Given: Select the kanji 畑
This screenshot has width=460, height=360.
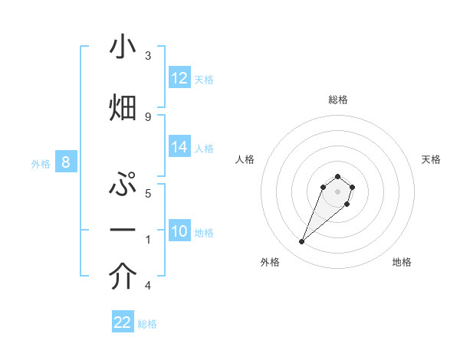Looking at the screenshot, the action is (123, 106).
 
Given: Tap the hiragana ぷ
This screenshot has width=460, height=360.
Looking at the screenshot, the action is (123, 185).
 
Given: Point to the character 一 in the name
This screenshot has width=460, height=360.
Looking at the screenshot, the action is (123, 230).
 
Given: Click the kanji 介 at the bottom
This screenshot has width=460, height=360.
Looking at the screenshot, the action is (123, 277).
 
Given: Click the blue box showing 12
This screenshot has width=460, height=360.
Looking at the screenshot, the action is (179, 78).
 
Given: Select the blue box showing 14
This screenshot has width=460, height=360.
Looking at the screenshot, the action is (179, 147).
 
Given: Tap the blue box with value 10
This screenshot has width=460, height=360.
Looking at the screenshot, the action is (179, 231).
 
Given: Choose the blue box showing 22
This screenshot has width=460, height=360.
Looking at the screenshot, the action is (123, 322).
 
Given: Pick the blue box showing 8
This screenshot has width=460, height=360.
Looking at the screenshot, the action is (66, 162).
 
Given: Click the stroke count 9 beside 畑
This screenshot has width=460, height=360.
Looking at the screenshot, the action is (148, 116).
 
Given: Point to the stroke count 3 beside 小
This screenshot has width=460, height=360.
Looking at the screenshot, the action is (148, 56).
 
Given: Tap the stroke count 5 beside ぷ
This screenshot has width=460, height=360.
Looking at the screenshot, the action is (148, 193).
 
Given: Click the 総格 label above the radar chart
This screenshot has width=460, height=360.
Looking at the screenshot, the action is (338, 100).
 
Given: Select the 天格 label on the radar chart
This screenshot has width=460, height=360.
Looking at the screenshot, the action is (431, 159).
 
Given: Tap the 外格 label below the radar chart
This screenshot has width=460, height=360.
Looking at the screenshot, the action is (270, 262).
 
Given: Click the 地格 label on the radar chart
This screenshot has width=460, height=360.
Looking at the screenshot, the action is (402, 262).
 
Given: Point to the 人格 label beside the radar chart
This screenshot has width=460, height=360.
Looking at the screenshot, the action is (245, 159).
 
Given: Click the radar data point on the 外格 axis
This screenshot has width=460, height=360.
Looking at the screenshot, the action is (302, 242).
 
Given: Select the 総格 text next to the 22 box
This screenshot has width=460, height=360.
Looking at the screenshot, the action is (147, 324).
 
